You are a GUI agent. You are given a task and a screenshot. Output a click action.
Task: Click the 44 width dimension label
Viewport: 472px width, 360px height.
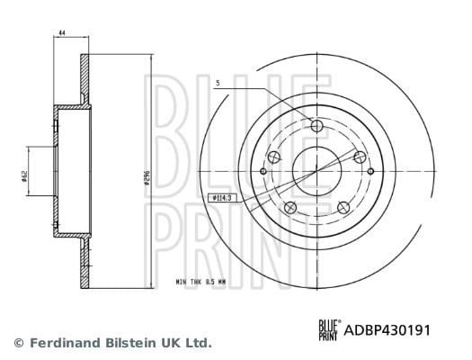pos(62,32)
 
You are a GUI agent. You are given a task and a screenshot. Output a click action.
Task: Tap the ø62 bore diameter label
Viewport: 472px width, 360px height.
pos(24,175)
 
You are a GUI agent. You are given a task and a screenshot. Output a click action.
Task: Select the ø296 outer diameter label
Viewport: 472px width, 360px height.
pos(147,177)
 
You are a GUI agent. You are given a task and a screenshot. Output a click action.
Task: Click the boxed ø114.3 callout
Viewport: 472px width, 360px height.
pos(222,198)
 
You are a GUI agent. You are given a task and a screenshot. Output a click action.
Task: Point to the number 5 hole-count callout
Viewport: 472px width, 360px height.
pos(218,82)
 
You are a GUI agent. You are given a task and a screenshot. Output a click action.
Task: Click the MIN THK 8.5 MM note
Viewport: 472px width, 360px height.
pos(200,282)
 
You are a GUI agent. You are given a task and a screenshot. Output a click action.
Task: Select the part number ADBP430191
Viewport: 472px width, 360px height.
pos(387,330)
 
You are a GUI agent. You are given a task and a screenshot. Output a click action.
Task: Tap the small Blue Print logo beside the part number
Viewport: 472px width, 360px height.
pos(330,330)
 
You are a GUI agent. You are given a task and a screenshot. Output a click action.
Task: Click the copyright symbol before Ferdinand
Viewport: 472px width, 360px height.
pos(19,343)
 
